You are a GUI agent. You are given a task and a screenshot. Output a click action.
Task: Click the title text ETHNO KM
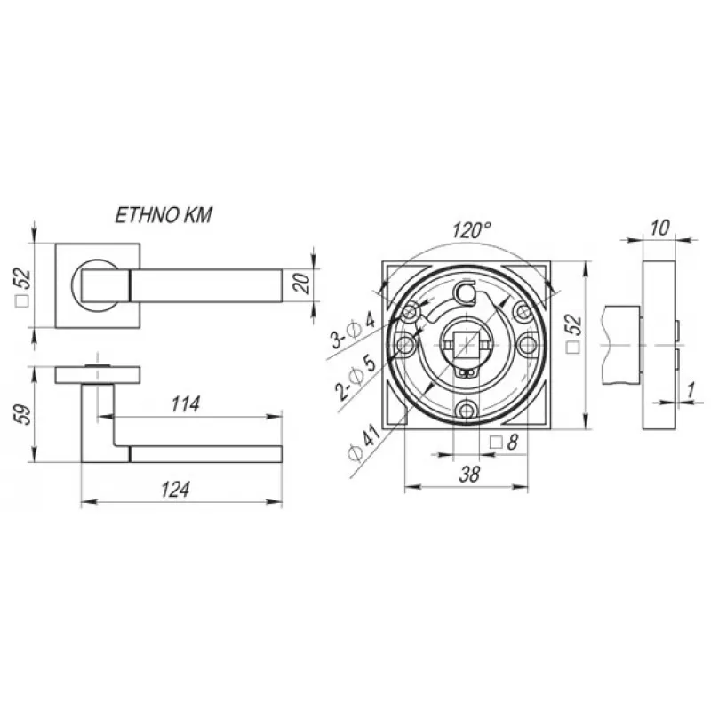click(x=164, y=215)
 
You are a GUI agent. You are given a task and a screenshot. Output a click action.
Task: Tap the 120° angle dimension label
click(x=472, y=230)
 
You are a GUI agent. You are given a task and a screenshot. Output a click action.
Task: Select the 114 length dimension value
click(x=186, y=404)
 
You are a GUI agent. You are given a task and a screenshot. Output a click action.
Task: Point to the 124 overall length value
click(x=175, y=490)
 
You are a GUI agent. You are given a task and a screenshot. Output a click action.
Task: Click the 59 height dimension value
click(x=24, y=414)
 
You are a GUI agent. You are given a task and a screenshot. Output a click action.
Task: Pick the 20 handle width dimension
click(x=303, y=284)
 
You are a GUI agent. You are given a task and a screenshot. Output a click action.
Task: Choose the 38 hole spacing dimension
click(x=469, y=475)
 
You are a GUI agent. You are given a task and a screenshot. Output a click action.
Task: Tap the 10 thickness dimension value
click(x=659, y=228)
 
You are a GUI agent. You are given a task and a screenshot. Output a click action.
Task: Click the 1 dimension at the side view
click(x=691, y=390)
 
